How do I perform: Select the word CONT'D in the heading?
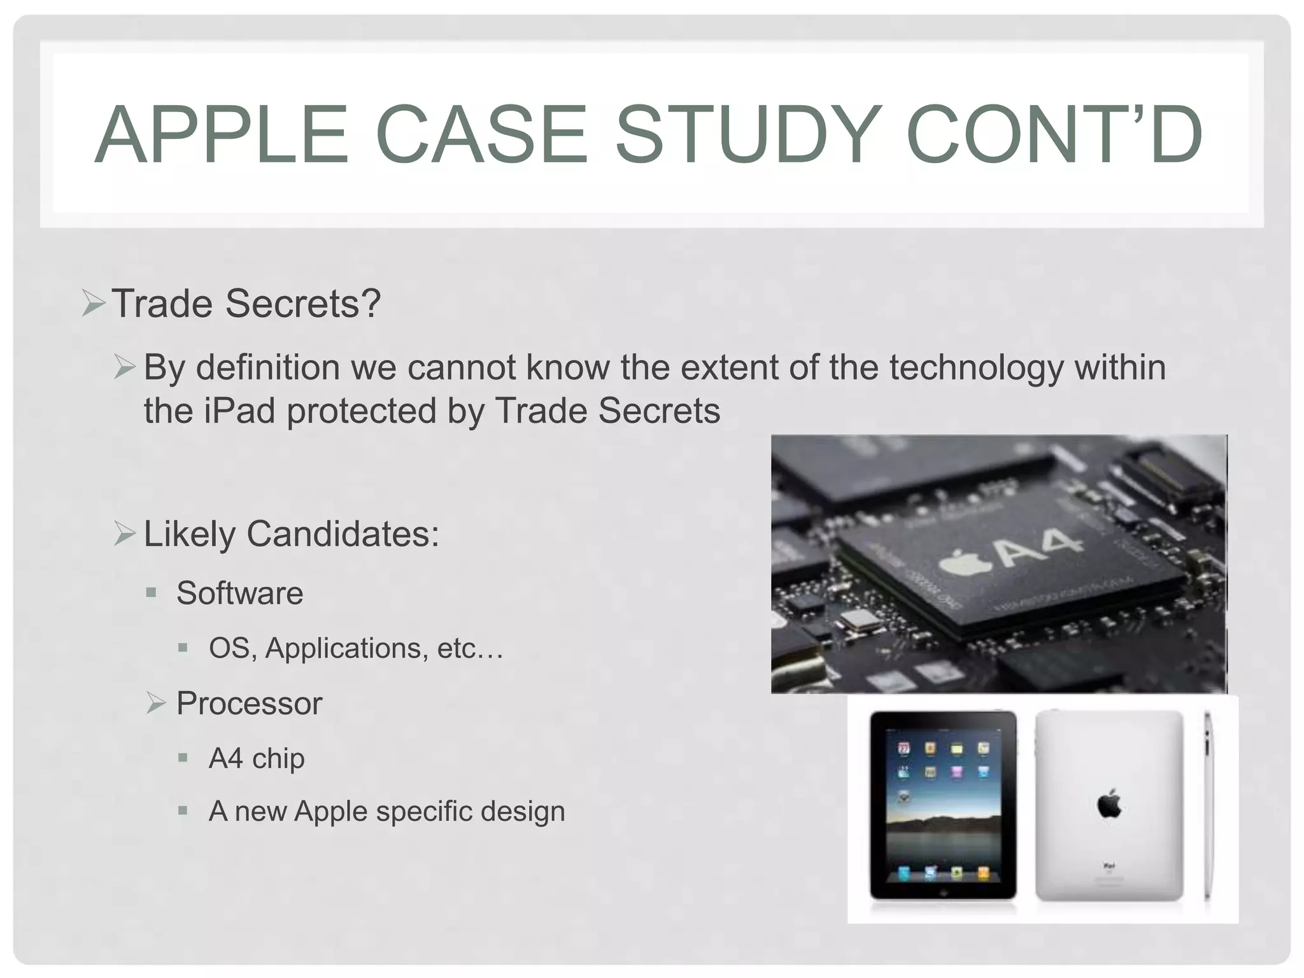point(1053,135)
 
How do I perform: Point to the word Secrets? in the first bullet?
point(303,304)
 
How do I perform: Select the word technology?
point(975,367)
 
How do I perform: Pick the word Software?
point(240,593)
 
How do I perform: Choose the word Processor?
point(249,704)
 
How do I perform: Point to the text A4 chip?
point(257,758)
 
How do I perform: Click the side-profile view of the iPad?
point(1207,805)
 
